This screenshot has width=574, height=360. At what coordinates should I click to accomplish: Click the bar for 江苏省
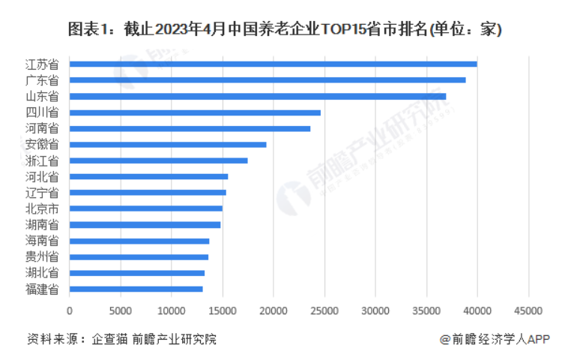pos(274,64)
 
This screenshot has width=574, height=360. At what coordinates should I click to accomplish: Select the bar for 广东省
pos(268,79)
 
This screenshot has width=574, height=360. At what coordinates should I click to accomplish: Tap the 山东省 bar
pos(258,96)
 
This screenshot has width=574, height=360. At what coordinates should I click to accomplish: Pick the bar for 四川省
pos(195,112)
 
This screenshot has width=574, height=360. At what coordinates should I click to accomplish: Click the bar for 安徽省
pos(168,144)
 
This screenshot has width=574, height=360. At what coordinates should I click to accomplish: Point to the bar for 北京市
pos(146,208)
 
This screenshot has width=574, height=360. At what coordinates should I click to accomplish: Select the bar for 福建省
pos(136,288)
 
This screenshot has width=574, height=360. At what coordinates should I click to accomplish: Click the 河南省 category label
pos(43,128)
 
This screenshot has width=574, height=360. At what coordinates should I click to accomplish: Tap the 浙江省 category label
pos(43,160)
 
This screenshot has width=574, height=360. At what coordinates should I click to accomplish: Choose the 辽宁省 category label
pos(43,192)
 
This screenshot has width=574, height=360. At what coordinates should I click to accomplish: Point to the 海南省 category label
pos(43,240)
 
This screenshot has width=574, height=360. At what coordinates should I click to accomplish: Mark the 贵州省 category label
pos(43,256)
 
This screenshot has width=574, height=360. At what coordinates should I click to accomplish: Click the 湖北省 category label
pos(43,272)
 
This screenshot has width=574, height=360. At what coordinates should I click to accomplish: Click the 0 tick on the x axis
pos(70,310)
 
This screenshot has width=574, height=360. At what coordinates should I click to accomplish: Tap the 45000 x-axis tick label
pos(528,310)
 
